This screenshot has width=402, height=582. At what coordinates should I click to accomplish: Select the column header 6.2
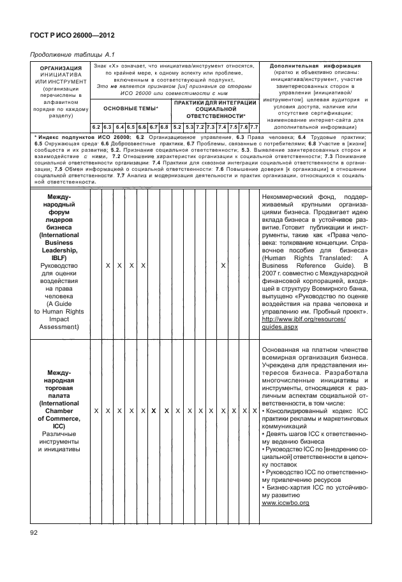point(96,127)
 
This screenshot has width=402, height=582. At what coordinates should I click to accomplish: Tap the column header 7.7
point(253,127)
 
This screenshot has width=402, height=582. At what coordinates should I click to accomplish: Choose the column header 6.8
point(163,127)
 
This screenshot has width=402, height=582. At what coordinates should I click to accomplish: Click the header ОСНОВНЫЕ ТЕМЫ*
point(130,109)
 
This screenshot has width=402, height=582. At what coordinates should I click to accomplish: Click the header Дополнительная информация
point(315,66)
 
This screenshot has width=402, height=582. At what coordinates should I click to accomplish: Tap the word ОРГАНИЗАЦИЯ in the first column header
point(60,68)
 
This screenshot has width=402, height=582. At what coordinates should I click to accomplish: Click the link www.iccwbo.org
point(285,503)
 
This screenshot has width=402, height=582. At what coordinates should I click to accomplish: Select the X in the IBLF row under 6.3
point(108,265)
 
